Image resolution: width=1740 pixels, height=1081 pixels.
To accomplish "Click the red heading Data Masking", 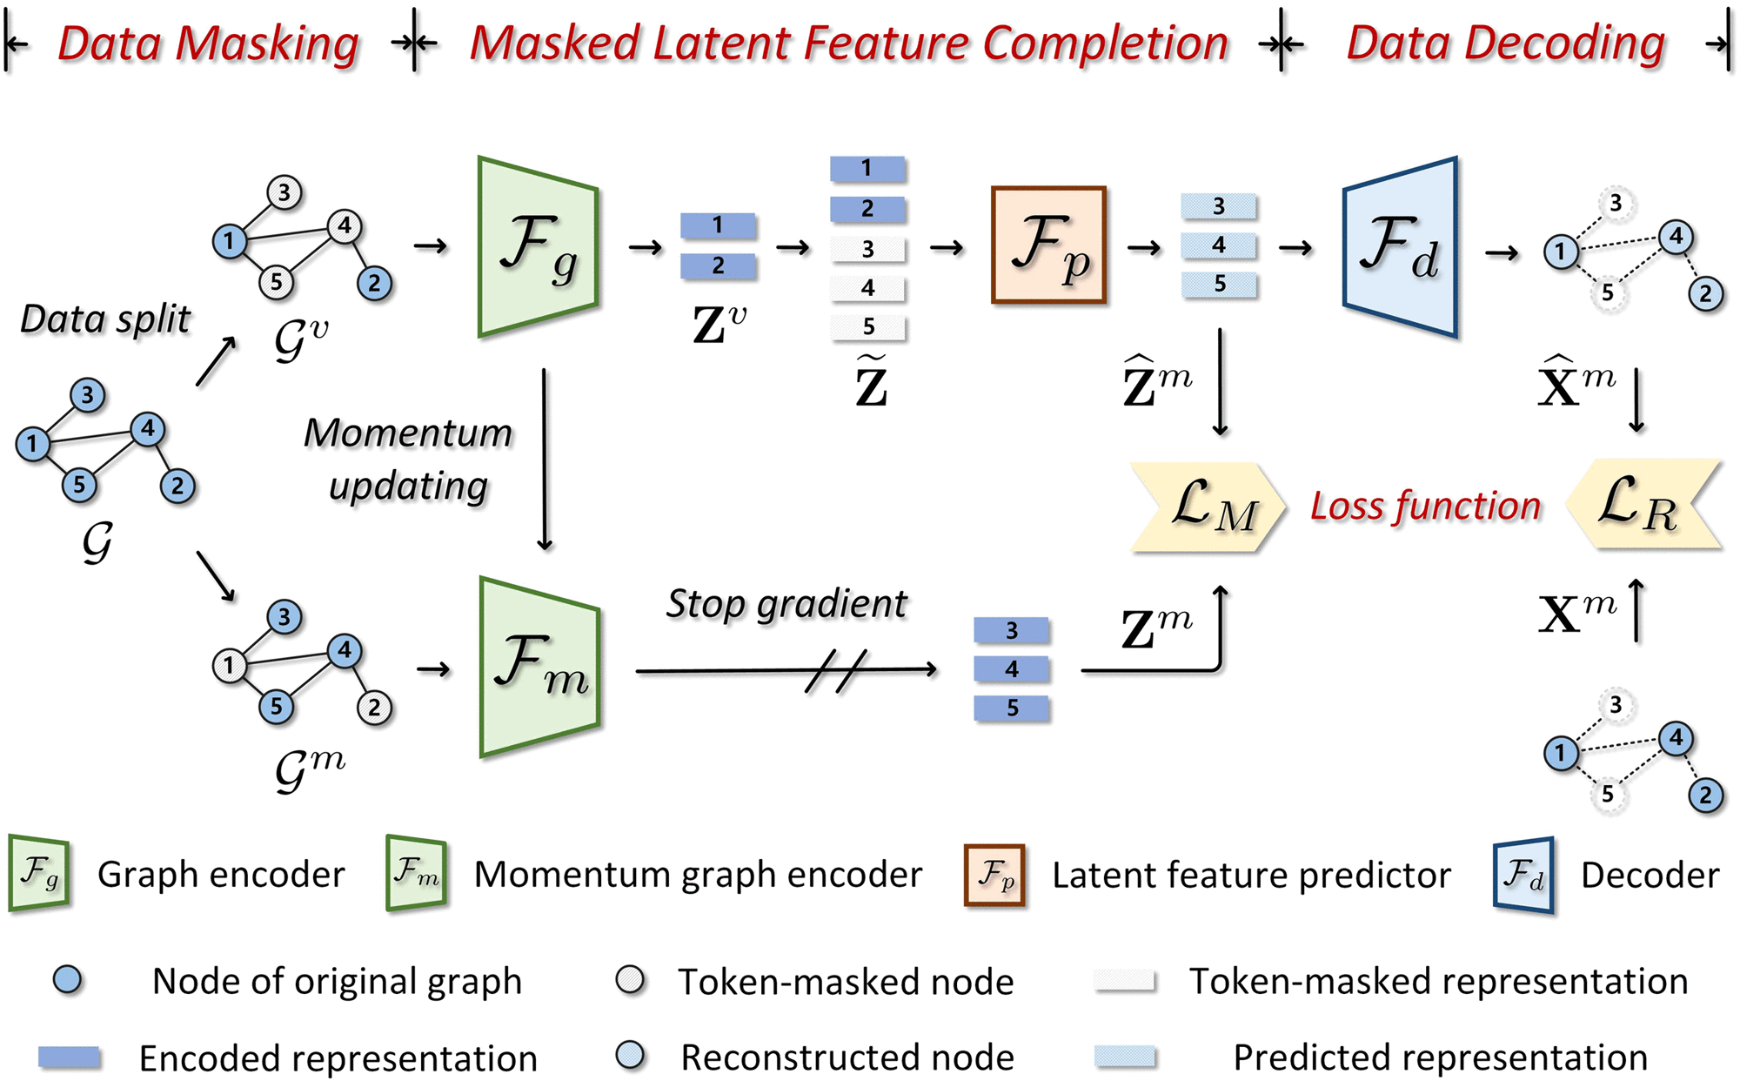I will [x=209, y=44].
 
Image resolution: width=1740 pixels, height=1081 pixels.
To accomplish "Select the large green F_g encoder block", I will [x=538, y=246].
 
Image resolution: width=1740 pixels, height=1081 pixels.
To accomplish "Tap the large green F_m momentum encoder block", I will [x=539, y=667].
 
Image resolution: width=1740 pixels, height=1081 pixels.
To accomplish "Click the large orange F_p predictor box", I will [x=1048, y=245].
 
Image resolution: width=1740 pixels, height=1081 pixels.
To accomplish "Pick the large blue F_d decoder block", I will [x=1400, y=247].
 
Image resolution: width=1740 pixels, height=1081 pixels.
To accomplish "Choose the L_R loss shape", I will [x=1643, y=505].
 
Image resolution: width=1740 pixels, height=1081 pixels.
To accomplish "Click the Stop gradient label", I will [x=786, y=604].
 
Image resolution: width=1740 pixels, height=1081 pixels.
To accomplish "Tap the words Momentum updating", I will [x=408, y=459].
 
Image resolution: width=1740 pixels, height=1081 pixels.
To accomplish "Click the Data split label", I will [x=105, y=319].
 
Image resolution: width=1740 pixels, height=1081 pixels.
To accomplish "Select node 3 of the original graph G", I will [x=87, y=395].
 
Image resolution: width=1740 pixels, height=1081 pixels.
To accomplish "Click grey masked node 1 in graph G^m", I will [x=229, y=666].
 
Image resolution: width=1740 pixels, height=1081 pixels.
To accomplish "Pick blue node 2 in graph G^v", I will [x=374, y=283].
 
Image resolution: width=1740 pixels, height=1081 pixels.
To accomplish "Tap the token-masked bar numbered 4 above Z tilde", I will [x=867, y=288].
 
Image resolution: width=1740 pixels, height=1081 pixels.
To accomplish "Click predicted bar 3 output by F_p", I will [x=1218, y=206].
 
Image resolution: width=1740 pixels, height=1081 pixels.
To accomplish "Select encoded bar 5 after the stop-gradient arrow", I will [x=1012, y=708].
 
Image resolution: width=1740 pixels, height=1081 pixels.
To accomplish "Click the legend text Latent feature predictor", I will [x=1251, y=875].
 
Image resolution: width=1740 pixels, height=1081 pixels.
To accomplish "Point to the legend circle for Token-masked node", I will [x=630, y=980].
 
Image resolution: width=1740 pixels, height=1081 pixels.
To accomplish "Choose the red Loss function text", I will [x=1425, y=507].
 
